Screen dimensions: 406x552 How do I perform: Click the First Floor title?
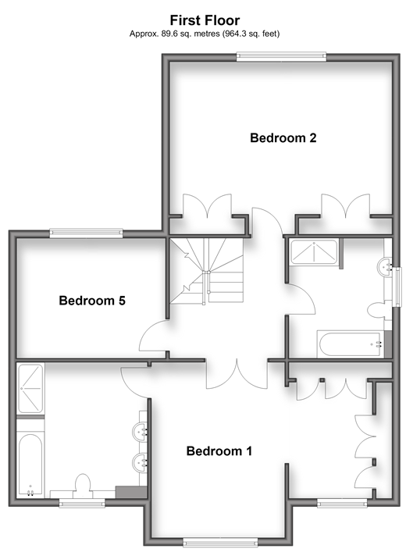205,20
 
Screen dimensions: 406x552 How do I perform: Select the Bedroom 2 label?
283,137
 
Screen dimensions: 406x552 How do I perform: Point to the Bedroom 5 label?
92,301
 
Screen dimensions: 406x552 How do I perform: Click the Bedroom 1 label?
219,451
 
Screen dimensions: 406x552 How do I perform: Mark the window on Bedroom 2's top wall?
281,57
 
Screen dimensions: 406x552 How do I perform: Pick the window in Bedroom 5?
86,233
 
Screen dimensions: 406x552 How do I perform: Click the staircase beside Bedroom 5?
206,270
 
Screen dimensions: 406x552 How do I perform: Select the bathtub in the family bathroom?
352,344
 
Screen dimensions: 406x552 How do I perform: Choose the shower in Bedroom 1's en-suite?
30,388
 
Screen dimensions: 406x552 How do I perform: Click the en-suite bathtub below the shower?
30,465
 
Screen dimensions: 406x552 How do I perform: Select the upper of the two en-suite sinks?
140,431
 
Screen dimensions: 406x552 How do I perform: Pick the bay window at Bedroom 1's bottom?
220,541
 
